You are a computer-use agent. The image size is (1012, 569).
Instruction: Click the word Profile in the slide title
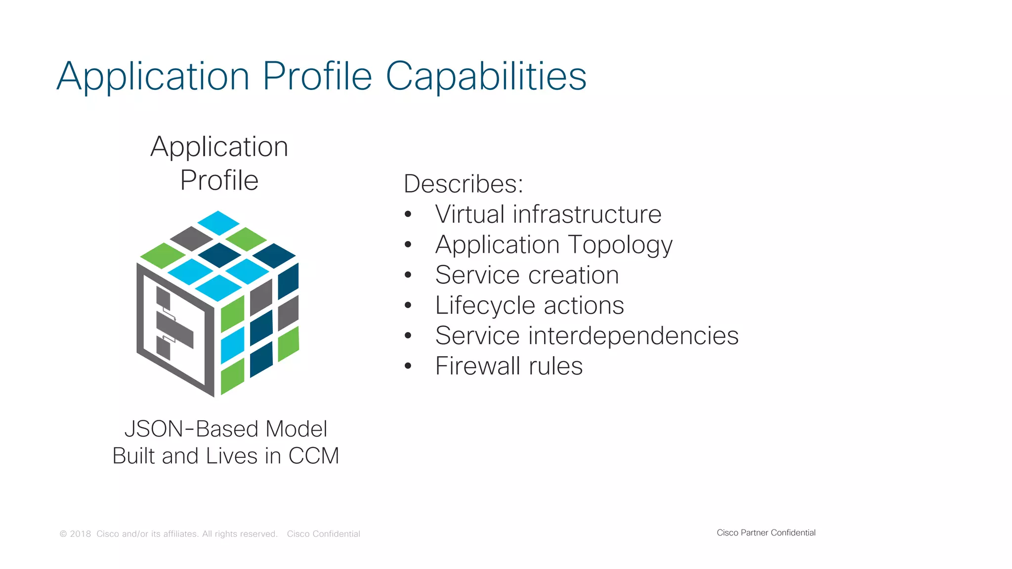tap(317, 77)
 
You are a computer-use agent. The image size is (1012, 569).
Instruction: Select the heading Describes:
tap(463, 184)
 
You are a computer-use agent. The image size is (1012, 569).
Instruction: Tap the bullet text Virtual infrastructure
tap(548, 214)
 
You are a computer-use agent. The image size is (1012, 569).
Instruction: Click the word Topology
tap(620, 245)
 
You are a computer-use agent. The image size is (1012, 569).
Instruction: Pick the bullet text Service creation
tap(527, 275)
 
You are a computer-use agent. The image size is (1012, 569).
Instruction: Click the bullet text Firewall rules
tap(509, 366)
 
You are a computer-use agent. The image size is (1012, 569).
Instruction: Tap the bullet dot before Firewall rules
tap(408, 366)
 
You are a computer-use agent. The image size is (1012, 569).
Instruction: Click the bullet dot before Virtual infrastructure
tap(408, 214)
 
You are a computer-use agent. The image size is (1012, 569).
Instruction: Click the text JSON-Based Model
tap(225, 429)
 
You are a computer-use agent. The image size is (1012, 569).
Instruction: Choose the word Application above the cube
tap(219, 147)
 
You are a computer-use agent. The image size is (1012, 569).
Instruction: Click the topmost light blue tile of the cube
tap(218, 222)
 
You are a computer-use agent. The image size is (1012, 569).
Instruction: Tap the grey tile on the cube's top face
tap(191, 238)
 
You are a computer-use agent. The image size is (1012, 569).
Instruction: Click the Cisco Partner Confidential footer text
tap(766, 532)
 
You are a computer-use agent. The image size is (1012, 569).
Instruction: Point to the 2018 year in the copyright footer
tap(81, 534)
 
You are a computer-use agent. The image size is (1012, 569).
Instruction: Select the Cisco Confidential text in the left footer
tap(323, 534)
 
